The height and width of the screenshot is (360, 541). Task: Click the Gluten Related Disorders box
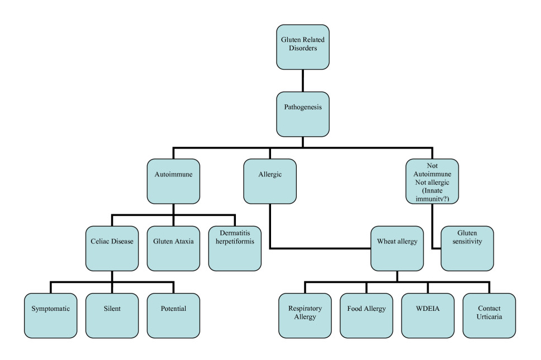[303, 47]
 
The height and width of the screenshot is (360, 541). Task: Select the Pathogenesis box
[303, 114]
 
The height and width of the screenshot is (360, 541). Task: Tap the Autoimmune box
[173, 181]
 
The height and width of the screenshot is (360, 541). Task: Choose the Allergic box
[270, 181]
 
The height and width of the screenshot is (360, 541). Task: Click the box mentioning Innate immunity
[432, 181]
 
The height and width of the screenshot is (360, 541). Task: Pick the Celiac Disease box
[112, 248]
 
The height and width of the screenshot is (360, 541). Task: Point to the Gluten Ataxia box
[173, 248]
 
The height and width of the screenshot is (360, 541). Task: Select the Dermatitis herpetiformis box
[235, 248]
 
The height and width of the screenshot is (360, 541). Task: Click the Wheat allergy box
[397, 248]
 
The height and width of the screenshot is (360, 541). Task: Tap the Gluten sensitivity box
[467, 248]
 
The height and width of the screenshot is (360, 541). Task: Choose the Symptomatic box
[50, 315]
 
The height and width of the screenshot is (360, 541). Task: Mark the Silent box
[112, 315]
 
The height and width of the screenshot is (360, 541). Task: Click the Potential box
[173, 315]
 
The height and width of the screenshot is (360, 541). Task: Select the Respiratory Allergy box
[305, 315]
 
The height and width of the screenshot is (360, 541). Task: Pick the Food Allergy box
[366, 315]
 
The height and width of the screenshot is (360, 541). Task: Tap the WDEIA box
[428, 315]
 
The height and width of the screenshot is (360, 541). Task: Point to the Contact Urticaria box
[489, 315]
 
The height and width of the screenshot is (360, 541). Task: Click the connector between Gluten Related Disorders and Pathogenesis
[303, 81]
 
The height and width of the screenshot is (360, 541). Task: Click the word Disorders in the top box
[303, 49]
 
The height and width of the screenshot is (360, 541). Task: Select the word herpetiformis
[235, 242]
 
